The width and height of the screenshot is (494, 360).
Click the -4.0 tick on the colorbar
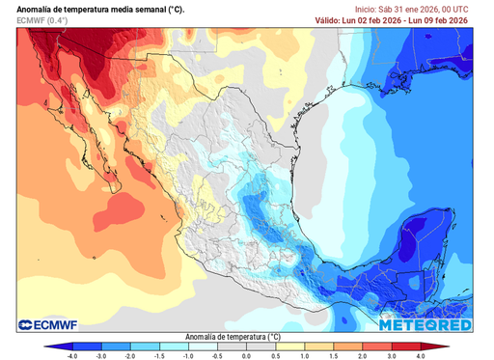pos(71,355)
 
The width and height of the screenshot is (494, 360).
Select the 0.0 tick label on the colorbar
pos(247,355)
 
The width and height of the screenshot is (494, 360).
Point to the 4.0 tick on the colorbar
pos(422,355)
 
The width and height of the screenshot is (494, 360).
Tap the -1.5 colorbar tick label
pos(159,355)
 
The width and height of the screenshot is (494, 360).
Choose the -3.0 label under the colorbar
pos(101,355)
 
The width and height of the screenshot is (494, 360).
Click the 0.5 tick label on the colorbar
pos(276,355)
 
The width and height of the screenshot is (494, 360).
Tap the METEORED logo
pos(425,325)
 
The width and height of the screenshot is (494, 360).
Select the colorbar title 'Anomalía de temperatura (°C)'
pos(247,337)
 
